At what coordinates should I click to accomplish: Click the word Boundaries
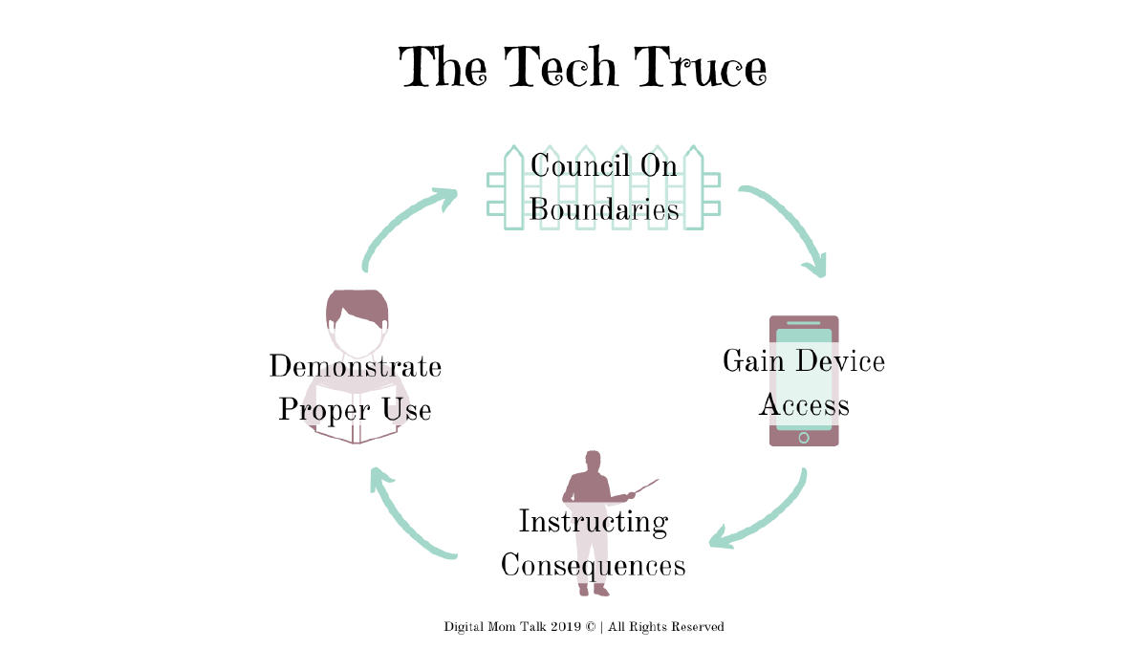[604, 209]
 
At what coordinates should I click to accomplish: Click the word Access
[804, 405]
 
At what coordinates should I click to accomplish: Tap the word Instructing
[593, 522]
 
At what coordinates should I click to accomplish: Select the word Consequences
[593, 565]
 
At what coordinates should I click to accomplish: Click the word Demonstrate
[355, 367]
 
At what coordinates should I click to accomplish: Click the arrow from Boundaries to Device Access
[790, 226]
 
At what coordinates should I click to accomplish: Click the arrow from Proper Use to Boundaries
[402, 224]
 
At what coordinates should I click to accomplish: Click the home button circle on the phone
[804, 438]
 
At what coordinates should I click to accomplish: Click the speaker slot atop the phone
[804, 323]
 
